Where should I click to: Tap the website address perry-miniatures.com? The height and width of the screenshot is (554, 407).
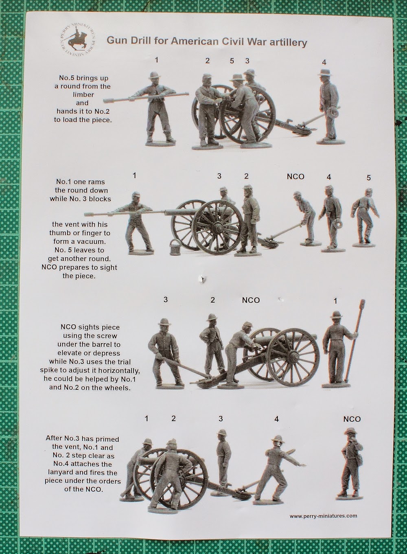[x=323, y=516]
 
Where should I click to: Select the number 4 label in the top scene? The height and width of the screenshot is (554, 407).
[x=324, y=62]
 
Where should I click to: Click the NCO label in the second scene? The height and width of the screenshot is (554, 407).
[x=295, y=177]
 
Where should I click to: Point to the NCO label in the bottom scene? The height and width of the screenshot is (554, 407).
[x=352, y=419]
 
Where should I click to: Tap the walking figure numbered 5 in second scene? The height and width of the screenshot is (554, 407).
[x=366, y=216]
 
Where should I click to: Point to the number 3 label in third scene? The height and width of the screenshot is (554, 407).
[x=165, y=300]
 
